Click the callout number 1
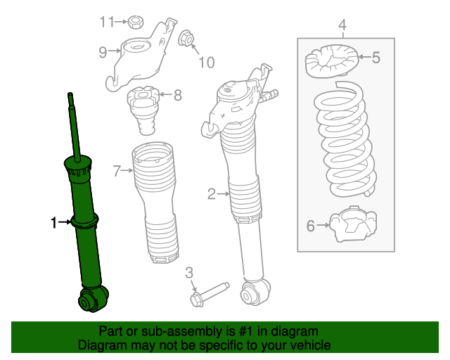tap(53, 223)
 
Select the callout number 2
tap(212, 193)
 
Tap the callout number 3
tap(189, 273)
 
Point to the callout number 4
tap(342, 27)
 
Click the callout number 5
tap(375, 58)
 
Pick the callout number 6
tap(311, 226)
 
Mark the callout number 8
tap(177, 94)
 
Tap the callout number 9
tap(103, 51)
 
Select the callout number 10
tap(205, 63)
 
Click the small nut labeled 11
tap(136, 22)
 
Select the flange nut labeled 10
tap(186, 38)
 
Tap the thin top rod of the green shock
tap(72, 123)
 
